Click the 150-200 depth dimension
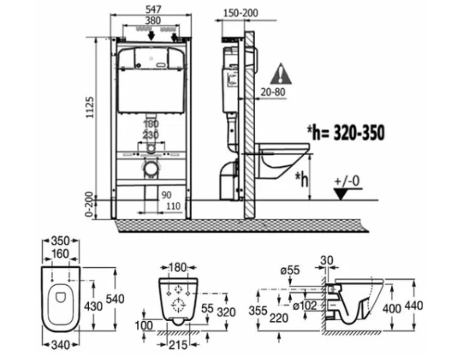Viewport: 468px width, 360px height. pos(238,14)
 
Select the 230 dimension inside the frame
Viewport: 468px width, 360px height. pos(151,134)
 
